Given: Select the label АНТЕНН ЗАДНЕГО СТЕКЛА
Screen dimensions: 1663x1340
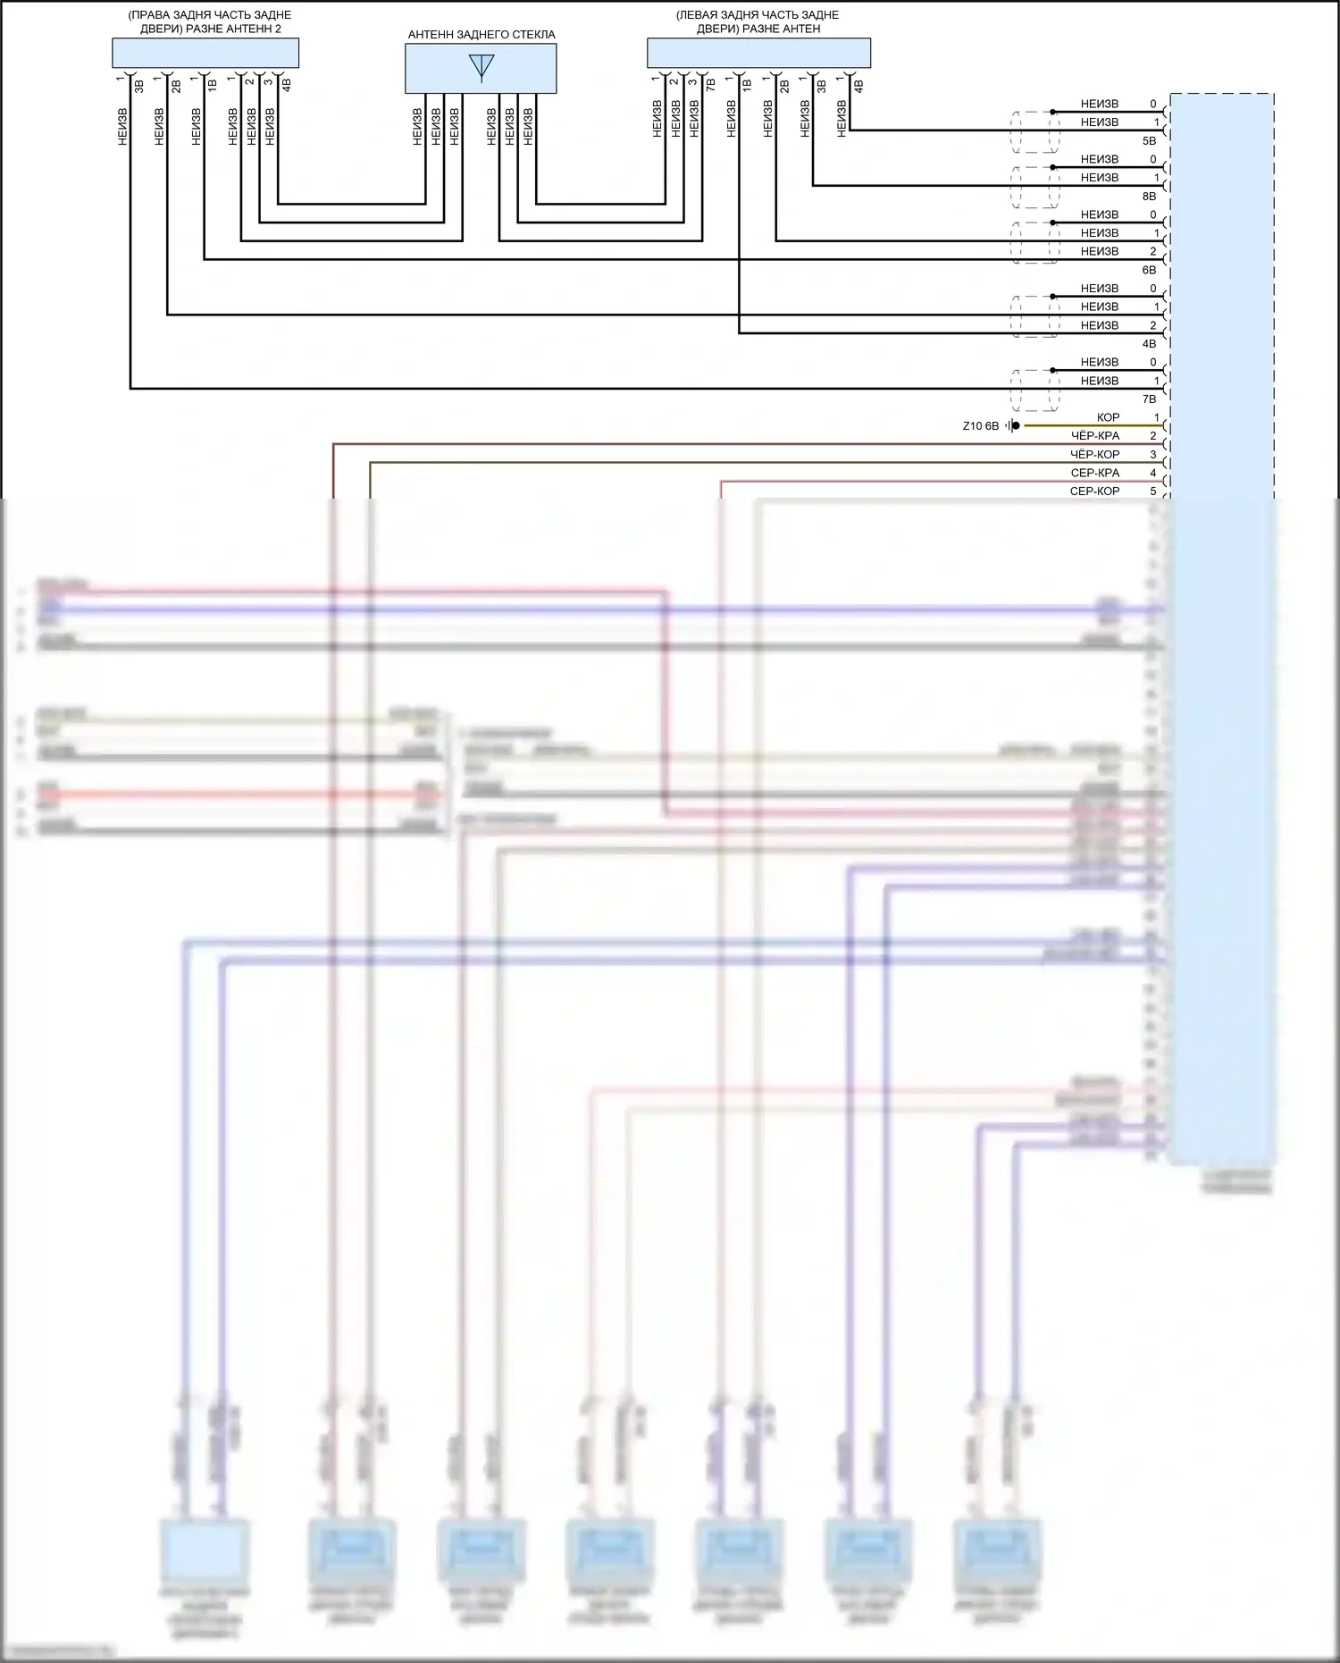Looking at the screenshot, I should point(482,35).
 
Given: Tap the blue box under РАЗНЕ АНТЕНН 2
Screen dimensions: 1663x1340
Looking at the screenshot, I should point(205,54).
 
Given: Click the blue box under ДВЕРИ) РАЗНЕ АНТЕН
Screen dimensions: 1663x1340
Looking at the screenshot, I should point(758,54).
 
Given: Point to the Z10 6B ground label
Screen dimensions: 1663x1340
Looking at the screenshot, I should point(980,426).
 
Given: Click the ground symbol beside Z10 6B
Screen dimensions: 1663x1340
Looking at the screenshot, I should point(1012,426).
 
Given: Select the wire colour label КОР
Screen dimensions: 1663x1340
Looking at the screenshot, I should point(1108,417).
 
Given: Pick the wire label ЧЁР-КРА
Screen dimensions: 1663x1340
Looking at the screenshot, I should point(1094,436).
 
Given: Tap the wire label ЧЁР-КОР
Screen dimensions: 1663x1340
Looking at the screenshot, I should point(1094,455).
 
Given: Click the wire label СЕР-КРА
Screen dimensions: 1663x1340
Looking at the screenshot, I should point(1094,473).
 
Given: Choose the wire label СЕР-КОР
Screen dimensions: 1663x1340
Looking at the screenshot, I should point(1094,491).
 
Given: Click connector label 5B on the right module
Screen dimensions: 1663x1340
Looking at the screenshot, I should point(1149,141).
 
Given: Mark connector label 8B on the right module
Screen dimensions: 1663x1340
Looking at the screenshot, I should point(1149,197).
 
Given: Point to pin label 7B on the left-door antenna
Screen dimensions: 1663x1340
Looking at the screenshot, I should point(711,86).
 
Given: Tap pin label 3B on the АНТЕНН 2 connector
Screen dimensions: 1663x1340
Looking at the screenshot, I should point(139,87).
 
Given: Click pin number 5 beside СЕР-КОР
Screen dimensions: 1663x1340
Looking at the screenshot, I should point(1153,491).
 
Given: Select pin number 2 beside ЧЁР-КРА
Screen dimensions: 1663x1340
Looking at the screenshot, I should point(1153,436).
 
